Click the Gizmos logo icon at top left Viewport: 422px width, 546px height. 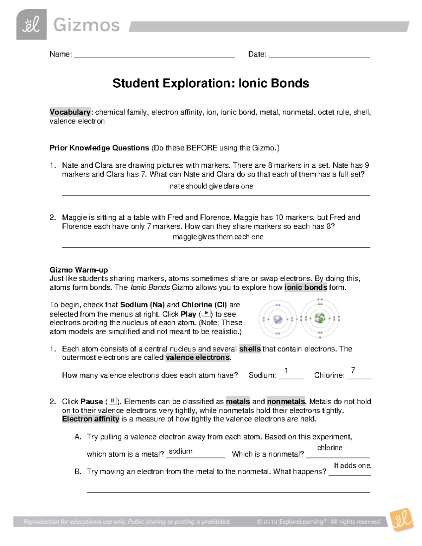31,25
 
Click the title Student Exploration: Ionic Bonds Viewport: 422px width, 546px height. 211,83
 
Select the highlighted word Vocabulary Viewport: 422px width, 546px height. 70,112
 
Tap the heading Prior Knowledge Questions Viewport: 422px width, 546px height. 99,148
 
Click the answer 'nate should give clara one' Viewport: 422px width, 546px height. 211,186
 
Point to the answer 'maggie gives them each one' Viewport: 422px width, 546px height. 218,237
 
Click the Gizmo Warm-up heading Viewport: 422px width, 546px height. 79,270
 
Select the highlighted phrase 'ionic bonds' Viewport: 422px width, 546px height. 306,287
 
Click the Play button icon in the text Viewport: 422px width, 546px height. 206,314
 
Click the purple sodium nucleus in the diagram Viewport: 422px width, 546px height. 278,319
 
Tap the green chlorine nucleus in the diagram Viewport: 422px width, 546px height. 320,319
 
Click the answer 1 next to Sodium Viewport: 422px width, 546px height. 287,371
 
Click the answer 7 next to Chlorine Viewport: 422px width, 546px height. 353,370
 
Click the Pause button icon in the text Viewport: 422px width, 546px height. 113,401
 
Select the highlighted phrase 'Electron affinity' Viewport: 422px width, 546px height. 91,419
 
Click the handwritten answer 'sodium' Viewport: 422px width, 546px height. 180,451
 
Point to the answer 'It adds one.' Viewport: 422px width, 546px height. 352,465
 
